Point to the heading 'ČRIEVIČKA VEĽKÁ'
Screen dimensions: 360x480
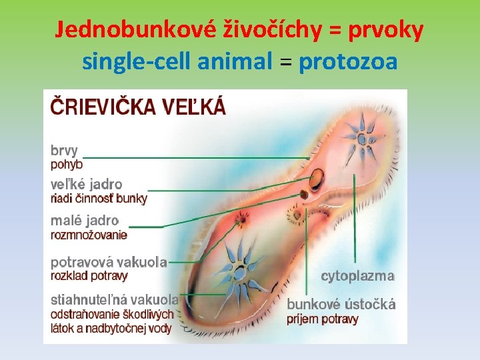click(x=138, y=107)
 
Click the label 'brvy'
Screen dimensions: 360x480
click(x=65, y=151)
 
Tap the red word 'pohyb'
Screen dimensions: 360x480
click(x=67, y=164)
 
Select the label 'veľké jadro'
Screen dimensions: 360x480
click(x=87, y=184)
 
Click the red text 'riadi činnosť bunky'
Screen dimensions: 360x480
click(x=99, y=198)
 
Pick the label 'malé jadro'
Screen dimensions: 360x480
click(x=85, y=220)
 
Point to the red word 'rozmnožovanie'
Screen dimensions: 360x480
click(x=89, y=234)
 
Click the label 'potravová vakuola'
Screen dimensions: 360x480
click(x=109, y=262)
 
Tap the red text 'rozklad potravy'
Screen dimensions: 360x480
click(x=89, y=275)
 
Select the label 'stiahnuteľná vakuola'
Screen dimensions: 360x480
click(x=115, y=300)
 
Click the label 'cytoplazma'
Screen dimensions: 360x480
click(x=358, y=275)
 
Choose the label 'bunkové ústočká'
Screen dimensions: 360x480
click(x=341, y=305)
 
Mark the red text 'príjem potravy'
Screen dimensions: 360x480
click(x=323, y=319)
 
